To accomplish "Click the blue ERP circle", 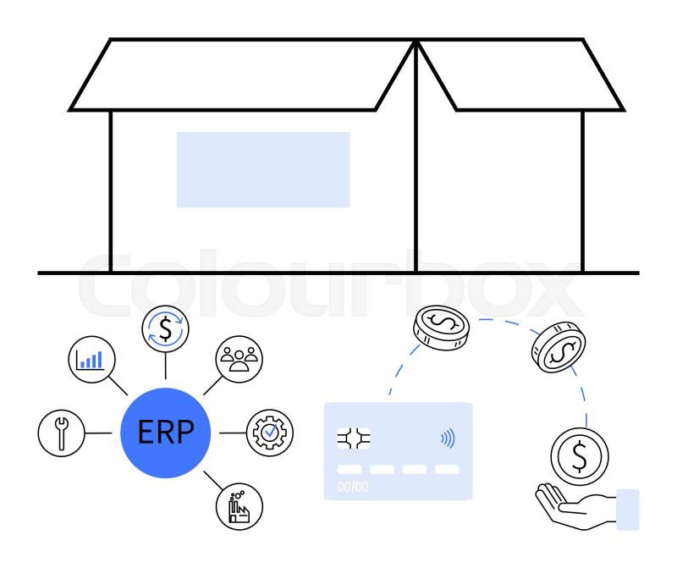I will [165, 433].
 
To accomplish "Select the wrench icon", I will [61, 433].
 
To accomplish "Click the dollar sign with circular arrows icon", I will [165, 328].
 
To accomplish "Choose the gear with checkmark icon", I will [268, 433].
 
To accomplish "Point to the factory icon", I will [239, 507].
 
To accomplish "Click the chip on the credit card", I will [354, 438].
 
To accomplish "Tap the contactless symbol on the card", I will [447, 438].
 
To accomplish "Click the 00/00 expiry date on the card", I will [353, 487].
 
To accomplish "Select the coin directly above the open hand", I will [579, 456].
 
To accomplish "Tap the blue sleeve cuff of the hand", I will [628, 509].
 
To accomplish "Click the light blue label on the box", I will [263, 169].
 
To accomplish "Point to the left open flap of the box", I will [241, 74].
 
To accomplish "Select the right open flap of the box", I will [520, 74].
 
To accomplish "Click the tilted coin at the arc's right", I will [559, 347].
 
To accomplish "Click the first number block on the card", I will [349, 469].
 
